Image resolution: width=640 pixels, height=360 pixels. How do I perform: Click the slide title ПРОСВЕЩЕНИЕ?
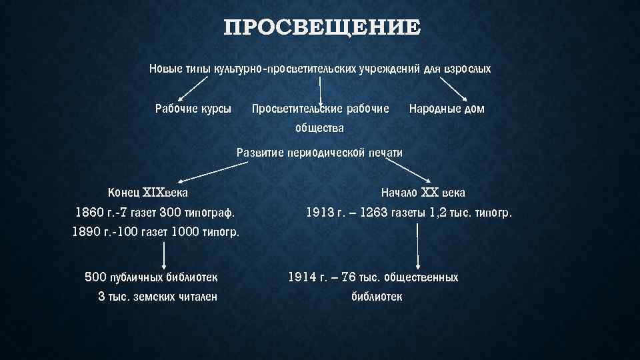323,28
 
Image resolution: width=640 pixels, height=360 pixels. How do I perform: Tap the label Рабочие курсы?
193,108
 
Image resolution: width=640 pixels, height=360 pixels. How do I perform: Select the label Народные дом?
447,108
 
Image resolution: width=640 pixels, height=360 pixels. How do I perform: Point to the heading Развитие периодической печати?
320,152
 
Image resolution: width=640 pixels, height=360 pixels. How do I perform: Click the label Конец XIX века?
148,193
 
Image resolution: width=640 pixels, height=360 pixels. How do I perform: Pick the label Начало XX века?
423,193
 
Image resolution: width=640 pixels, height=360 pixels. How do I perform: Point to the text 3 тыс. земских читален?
157,297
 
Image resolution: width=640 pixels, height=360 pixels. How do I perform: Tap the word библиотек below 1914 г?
377,297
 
